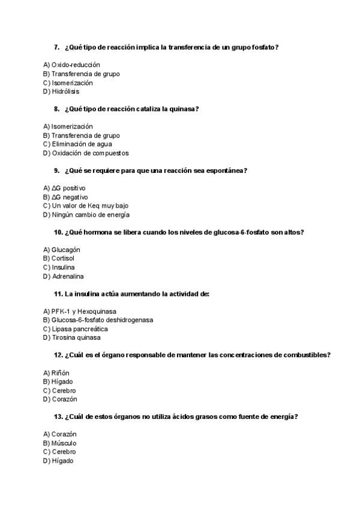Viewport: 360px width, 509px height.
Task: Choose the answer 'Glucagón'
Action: coord(65,250)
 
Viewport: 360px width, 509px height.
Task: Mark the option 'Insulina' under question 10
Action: coord(64,268)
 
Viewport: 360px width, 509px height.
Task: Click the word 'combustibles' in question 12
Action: coord(303,355)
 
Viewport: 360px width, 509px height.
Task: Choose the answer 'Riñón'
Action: coord(61,373)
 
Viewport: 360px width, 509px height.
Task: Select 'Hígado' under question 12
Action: coord(62,382)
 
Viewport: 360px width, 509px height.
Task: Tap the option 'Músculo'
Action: coord(64,443)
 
